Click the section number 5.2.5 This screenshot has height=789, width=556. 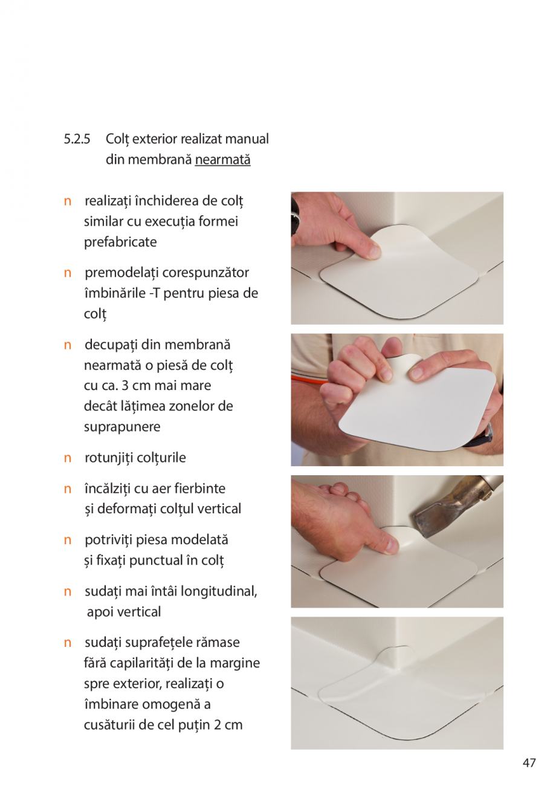point(77,139)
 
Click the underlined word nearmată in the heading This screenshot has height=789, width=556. point(222,160)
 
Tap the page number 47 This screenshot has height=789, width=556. point(529,763)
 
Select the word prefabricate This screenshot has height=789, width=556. point(120,242)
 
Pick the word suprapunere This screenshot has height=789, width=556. point(122,427)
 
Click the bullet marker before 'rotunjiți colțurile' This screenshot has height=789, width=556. point(68,458)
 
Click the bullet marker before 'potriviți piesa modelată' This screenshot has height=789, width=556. point(68,540)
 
